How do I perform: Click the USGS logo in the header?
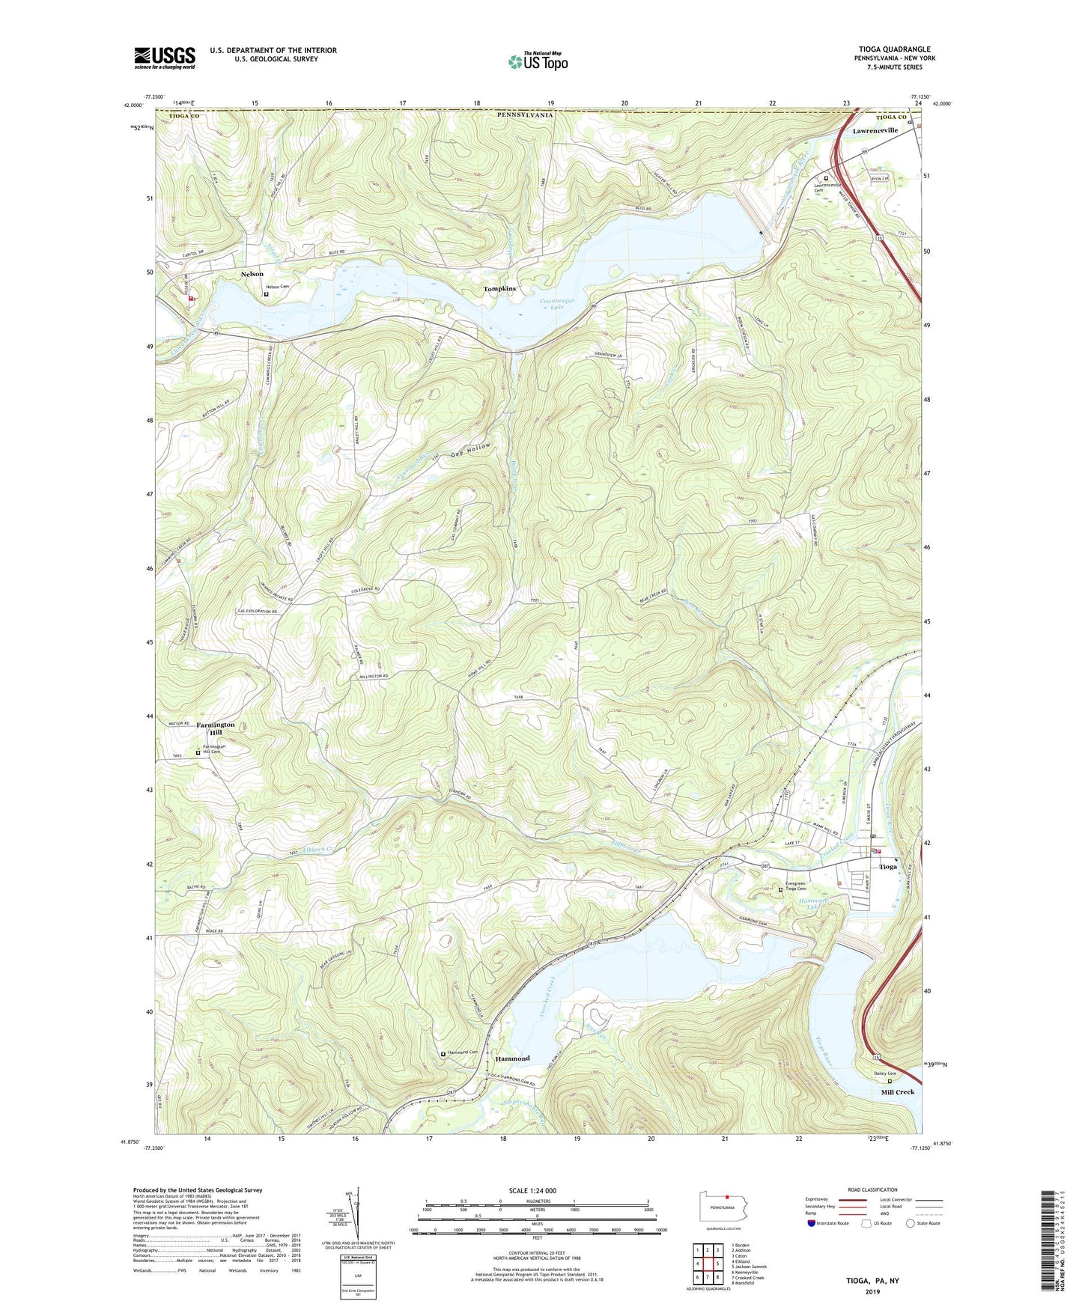(164, 58)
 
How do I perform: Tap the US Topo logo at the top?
(538, 61)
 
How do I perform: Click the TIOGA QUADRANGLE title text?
(894, 49)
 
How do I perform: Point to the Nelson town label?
(252, 275)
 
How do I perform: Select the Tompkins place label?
(499, 289)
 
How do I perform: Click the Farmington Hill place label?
(216, 728)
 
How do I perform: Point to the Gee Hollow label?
(471, 450)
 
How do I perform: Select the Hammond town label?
(512, 1058)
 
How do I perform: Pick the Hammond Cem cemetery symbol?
(443, 1054)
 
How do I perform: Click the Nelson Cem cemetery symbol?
(266, 295)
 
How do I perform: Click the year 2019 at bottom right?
(872, 1291)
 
